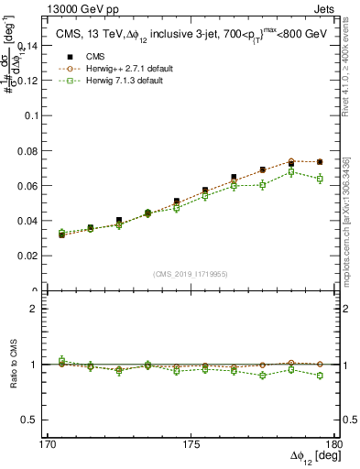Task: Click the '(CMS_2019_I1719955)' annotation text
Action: coord(191,274)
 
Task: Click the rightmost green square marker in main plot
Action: coord(320,180)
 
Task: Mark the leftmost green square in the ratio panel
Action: coord(61,361)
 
